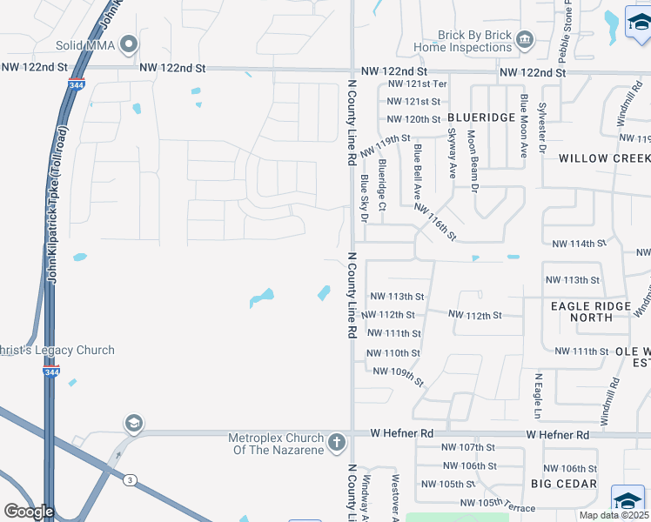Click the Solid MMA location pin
[x=130, y=43]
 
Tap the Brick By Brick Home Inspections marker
[x=524, y=39]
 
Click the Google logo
[x=28, y=512]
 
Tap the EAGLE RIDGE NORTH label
[x=594, y=311]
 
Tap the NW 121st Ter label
[x=416, y=84]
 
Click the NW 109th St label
[x=398, y=376]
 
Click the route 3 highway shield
[x=130, y=480]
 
